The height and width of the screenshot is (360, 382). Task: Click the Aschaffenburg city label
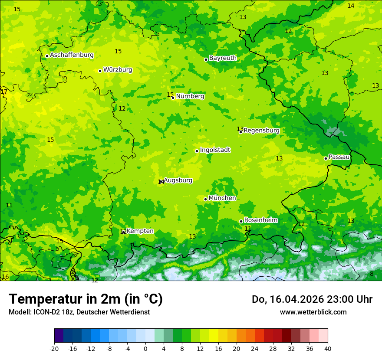(72, 55)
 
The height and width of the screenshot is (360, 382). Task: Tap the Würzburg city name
(118, 70)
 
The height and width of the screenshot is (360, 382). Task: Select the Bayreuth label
(223, 58)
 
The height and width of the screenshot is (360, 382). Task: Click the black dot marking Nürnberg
(173, 98)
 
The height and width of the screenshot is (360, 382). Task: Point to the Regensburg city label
(261, 131)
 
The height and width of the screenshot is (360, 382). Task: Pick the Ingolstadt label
(215, 150)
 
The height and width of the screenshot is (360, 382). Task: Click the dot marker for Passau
(326, 158)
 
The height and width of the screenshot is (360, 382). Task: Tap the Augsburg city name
(178, 180)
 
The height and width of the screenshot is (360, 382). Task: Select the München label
(222, 198)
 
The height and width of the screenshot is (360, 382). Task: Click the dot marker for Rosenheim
(241, 221)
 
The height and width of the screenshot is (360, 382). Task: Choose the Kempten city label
(140, 231)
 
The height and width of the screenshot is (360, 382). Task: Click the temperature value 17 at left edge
(4, 92)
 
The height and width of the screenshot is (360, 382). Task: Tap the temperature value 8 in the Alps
(372, 274)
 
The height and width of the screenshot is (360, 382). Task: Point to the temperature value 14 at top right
(351, 6)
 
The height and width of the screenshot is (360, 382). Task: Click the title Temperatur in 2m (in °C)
(86, 299)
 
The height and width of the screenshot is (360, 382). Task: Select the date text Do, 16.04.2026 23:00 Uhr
(312, 299)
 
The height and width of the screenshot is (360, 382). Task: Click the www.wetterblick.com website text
(313, 312)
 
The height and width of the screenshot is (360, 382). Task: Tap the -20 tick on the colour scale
(54, 349)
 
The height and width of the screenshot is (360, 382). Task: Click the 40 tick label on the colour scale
(328, 349)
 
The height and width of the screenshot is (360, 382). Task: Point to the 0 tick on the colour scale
(145, 349)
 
